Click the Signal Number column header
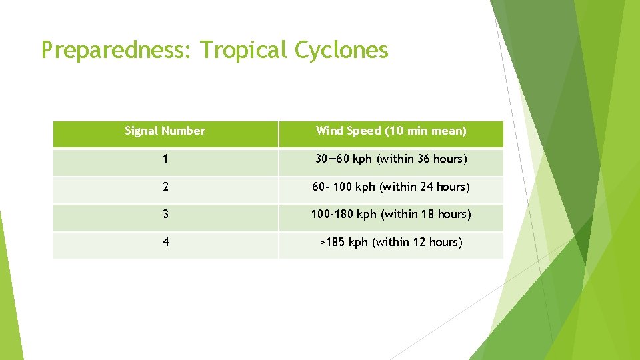165,131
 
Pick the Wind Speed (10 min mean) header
391,131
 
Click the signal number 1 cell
165,159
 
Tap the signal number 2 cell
165,187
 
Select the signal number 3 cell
165,214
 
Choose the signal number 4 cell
165,242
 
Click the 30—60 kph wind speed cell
391,159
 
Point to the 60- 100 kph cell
391,187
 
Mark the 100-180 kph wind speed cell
391,214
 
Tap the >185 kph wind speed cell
391,242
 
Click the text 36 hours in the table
439,159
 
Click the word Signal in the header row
142,131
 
